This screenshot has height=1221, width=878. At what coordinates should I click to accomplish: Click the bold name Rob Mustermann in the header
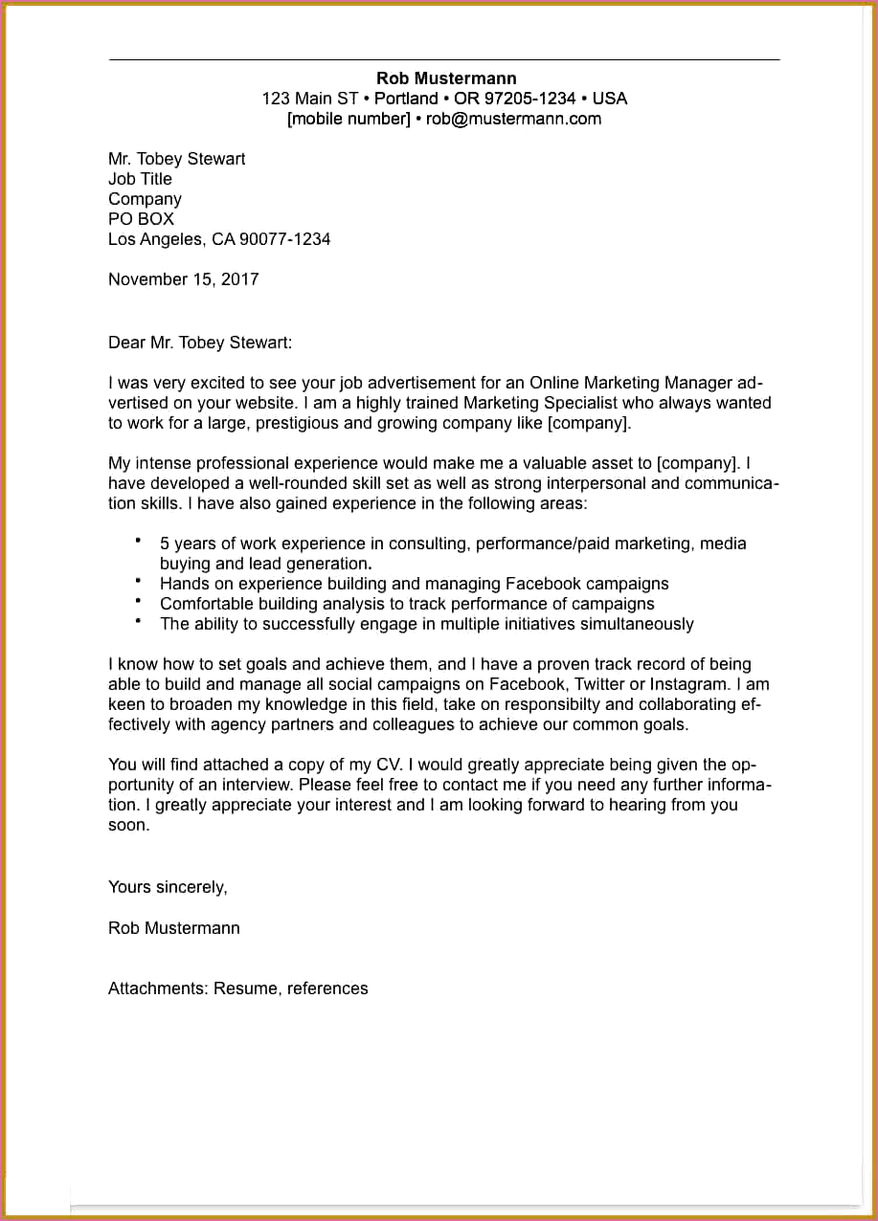point(446,78)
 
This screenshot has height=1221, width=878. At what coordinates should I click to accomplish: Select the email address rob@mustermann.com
point(513,119)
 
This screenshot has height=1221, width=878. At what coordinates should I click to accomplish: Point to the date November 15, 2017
point(183,279)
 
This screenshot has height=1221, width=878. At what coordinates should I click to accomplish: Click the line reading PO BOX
point(141,219)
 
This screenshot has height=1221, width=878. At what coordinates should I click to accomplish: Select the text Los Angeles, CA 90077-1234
point(219,239)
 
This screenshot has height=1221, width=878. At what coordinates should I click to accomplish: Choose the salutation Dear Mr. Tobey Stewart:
point(200,343)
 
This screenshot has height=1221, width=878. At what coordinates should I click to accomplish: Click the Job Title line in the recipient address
point(140,179)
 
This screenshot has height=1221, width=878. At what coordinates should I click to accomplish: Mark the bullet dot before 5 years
point(139,541)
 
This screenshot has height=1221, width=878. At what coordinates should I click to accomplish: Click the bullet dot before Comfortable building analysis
point(139,601)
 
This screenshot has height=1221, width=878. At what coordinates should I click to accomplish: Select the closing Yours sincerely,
point(168,887)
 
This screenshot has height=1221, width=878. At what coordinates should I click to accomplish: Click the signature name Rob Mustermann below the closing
point(174,928)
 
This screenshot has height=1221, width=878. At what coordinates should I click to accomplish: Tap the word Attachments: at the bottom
point(158,988)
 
